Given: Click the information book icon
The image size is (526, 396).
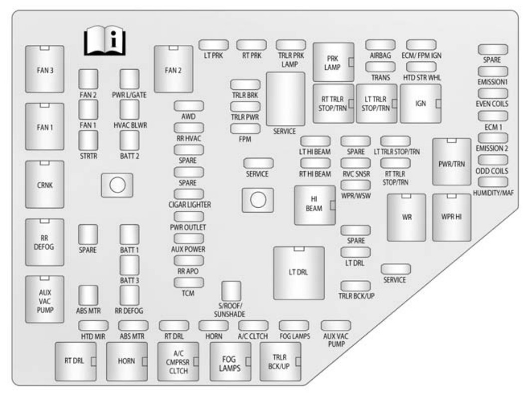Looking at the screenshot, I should click(104, 42).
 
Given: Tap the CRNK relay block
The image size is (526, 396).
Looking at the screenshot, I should click(45, 184).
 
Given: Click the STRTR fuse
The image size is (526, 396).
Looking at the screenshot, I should click(88, 140).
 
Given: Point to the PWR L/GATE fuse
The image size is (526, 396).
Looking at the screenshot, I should click(129, 79).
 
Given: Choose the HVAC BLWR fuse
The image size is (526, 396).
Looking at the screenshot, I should click(129, 109).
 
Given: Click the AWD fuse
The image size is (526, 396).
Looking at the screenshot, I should click(188, 106).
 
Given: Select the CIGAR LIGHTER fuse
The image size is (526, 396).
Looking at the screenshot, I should click(188, 194).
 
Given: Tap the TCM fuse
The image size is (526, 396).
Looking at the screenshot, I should click(187, 282).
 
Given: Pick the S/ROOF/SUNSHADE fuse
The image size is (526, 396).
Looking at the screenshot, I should click(231, 290).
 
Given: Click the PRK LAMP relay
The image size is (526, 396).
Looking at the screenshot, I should click(333, 62).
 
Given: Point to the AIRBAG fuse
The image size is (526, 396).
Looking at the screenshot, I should click(380, 45).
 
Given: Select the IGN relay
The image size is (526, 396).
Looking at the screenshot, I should click(420, 103).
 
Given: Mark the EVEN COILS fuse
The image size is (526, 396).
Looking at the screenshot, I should click(493, 93).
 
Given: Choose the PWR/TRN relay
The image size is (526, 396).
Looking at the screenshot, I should click(451, 162).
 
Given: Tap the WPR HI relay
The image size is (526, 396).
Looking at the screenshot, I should click(451, 217).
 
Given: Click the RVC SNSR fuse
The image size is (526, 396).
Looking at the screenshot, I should click(355, 163).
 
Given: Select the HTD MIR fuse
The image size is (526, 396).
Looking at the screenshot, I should click(93, 325).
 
